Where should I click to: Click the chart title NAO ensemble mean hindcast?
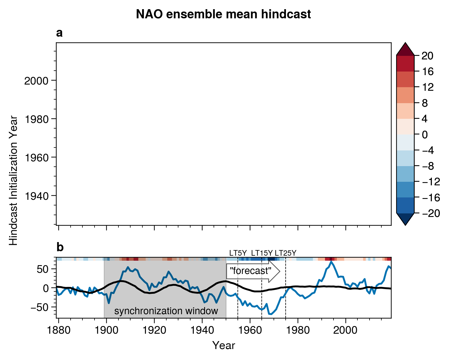point(223,14)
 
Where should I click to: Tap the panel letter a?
point(59,33)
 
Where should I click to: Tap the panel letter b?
point(60,247)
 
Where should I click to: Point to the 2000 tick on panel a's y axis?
point(36,81)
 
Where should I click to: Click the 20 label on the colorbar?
point(427,56)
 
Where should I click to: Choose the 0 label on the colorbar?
point(425,135)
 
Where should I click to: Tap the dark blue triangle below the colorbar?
point(405,219)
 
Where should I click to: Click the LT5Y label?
point(238,253)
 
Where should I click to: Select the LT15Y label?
point(262,253)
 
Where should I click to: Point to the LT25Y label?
point(285,253)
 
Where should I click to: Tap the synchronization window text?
point(166,311)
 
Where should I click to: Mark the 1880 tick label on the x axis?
point(59,330)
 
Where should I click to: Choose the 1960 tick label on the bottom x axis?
point(250,330)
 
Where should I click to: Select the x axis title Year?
point(224,345)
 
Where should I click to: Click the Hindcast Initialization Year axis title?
point(14,180)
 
